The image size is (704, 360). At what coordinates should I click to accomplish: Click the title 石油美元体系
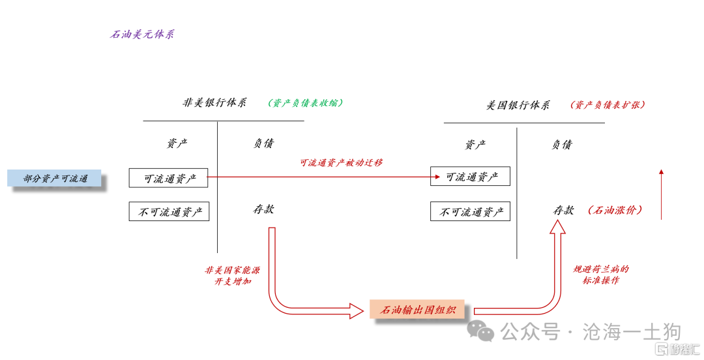pyautogui.click(x=142, y=35)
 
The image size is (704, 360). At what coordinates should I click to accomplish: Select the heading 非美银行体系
pyautogui.click(x=214, y=103)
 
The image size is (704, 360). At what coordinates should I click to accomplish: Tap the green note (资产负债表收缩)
pyautogui.click(x=305, y=103)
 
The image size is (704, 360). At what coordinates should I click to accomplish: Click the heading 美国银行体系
pyautogui.click(x=518, y=105)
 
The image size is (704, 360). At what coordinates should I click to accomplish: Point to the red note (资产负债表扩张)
pyautogui.click(x=608, y=105)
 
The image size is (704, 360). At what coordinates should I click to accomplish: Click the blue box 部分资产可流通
pyautogui.click(x=55, y=178)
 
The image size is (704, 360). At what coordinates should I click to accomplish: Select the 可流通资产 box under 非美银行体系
pyautogui.click(x=168, y=177)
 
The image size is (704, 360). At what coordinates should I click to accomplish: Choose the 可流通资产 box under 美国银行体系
pyautogui.click(x=470, y=177)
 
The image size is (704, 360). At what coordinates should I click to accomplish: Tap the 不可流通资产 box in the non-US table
pyautogui.click(x=169, y=211)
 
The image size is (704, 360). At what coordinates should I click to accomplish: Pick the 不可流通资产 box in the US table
pyautogui.click(x=470, y=211)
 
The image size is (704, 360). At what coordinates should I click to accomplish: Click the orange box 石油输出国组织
pyautogui.click(x=417, y=310)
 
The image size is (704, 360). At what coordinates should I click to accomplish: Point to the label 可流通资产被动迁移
pyautogui.click(x=341, y=162)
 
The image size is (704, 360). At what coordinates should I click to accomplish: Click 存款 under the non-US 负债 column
pyautogui.click(x=263, y=209)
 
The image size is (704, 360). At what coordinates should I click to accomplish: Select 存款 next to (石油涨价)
pyautogui.click(x=563, y=210)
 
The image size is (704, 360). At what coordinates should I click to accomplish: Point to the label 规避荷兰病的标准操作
pyautogui.click(x=600, y=275)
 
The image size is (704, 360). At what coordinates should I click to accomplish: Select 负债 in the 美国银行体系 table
pyautogui.click(x=562, y=145)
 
